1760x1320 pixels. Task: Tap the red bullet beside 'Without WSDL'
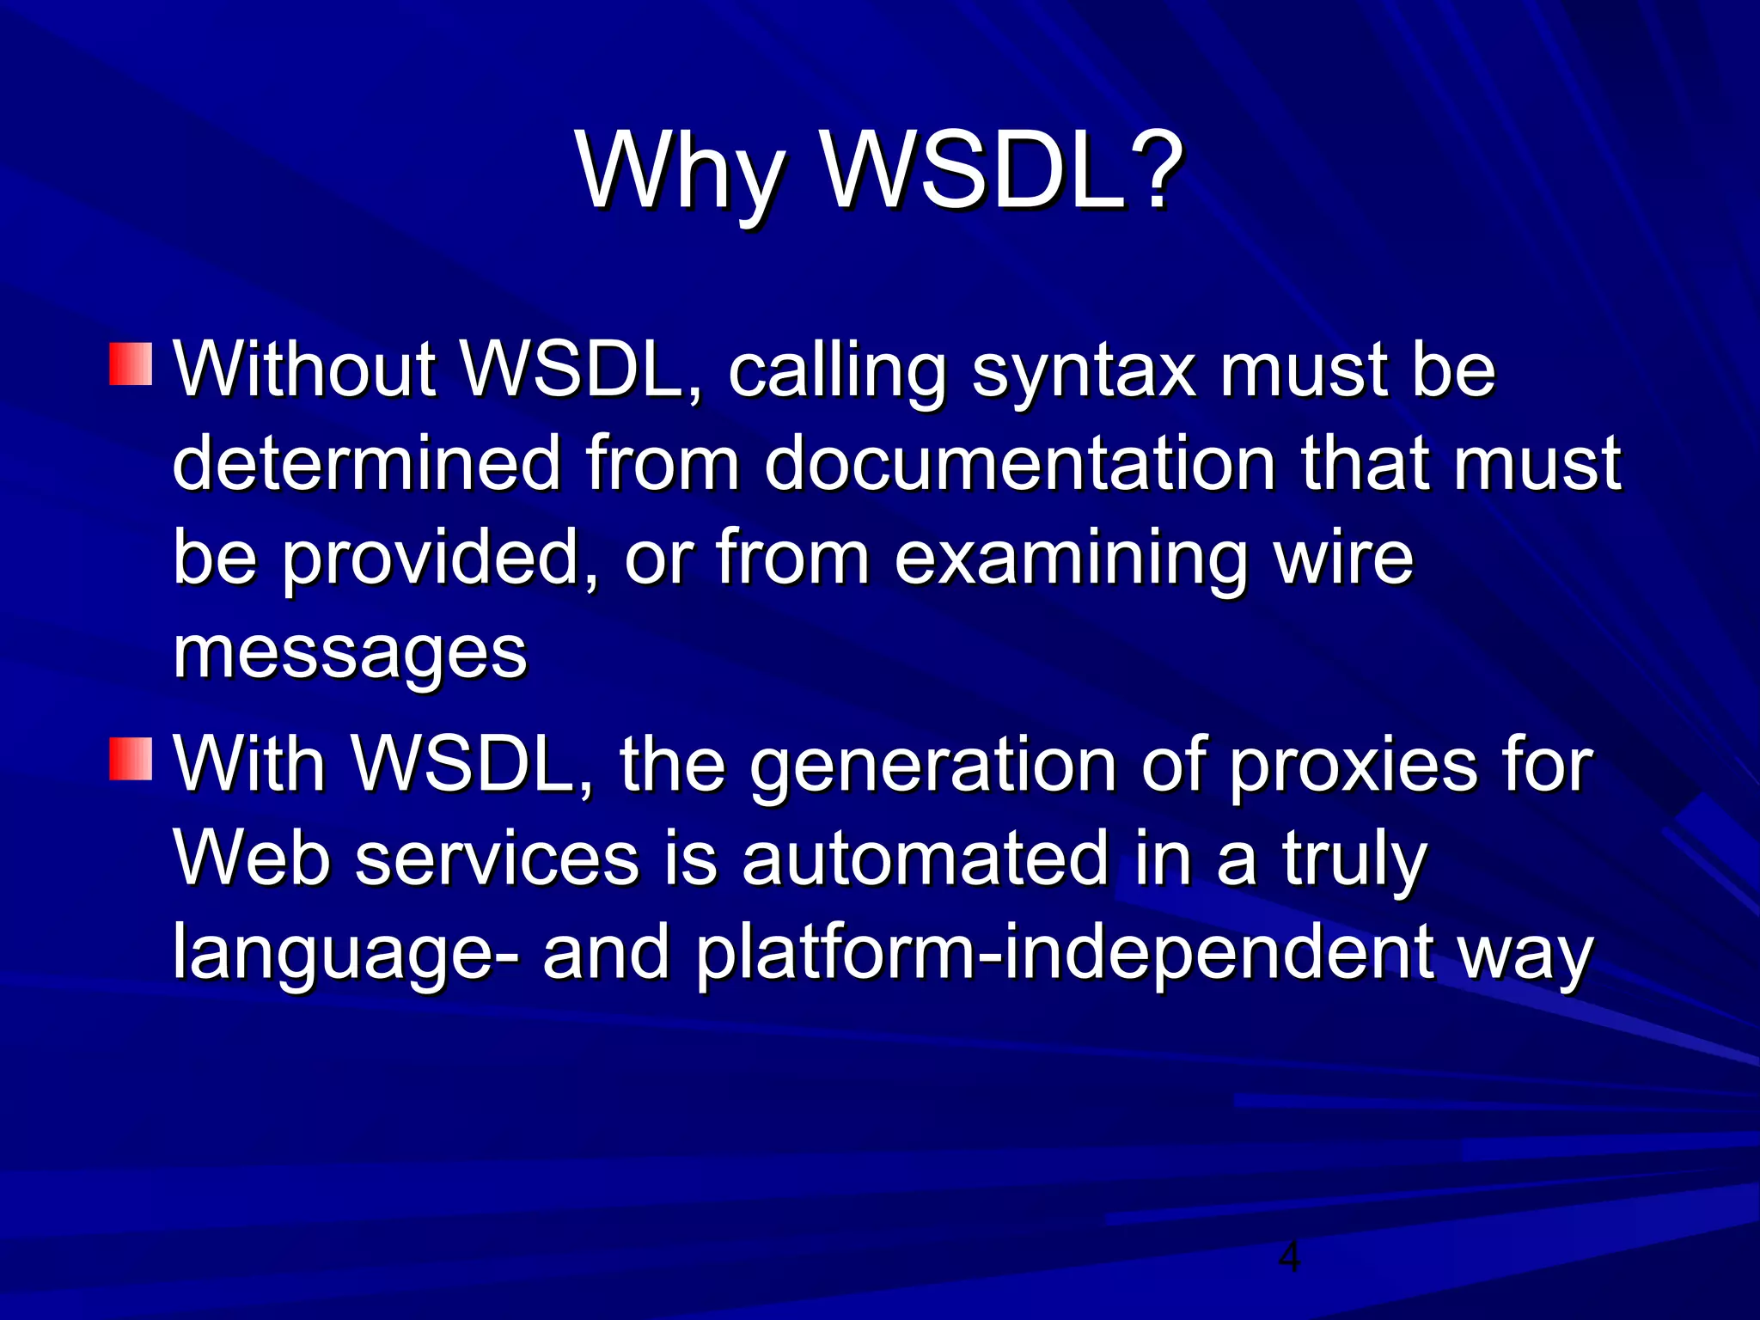131,364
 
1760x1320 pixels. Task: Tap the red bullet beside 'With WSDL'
131,758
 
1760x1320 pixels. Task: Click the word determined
367,464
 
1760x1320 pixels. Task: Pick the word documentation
1020,464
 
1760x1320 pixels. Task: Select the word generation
932,767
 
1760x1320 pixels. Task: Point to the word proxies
1352,767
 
